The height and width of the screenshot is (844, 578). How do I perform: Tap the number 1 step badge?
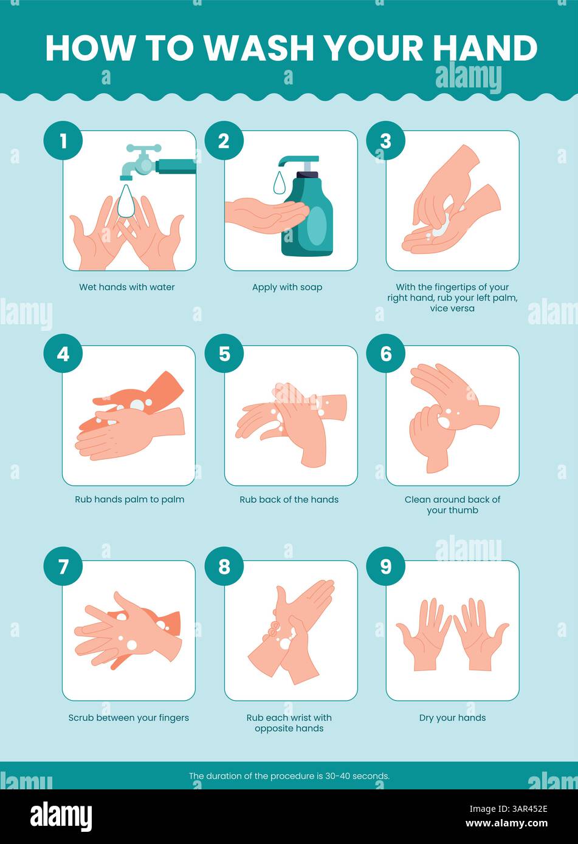63,141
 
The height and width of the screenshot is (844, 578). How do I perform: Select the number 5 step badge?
224,353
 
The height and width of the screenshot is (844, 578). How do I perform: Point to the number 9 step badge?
386,567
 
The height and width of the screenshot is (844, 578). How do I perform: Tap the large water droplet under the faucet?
126,202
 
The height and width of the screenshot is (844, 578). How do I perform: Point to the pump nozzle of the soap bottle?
290,162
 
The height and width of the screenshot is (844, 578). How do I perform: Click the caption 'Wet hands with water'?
127,287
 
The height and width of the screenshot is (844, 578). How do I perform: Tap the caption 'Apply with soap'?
287,287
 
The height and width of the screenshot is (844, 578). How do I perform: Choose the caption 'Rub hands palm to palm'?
129,500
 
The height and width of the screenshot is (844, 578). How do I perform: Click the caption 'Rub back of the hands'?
289,500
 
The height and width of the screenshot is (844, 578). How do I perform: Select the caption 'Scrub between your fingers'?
129,718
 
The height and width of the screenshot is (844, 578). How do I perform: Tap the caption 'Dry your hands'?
452,718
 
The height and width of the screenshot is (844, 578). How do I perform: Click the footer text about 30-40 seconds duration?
289,775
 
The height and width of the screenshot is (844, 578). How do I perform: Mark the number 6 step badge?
386,353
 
